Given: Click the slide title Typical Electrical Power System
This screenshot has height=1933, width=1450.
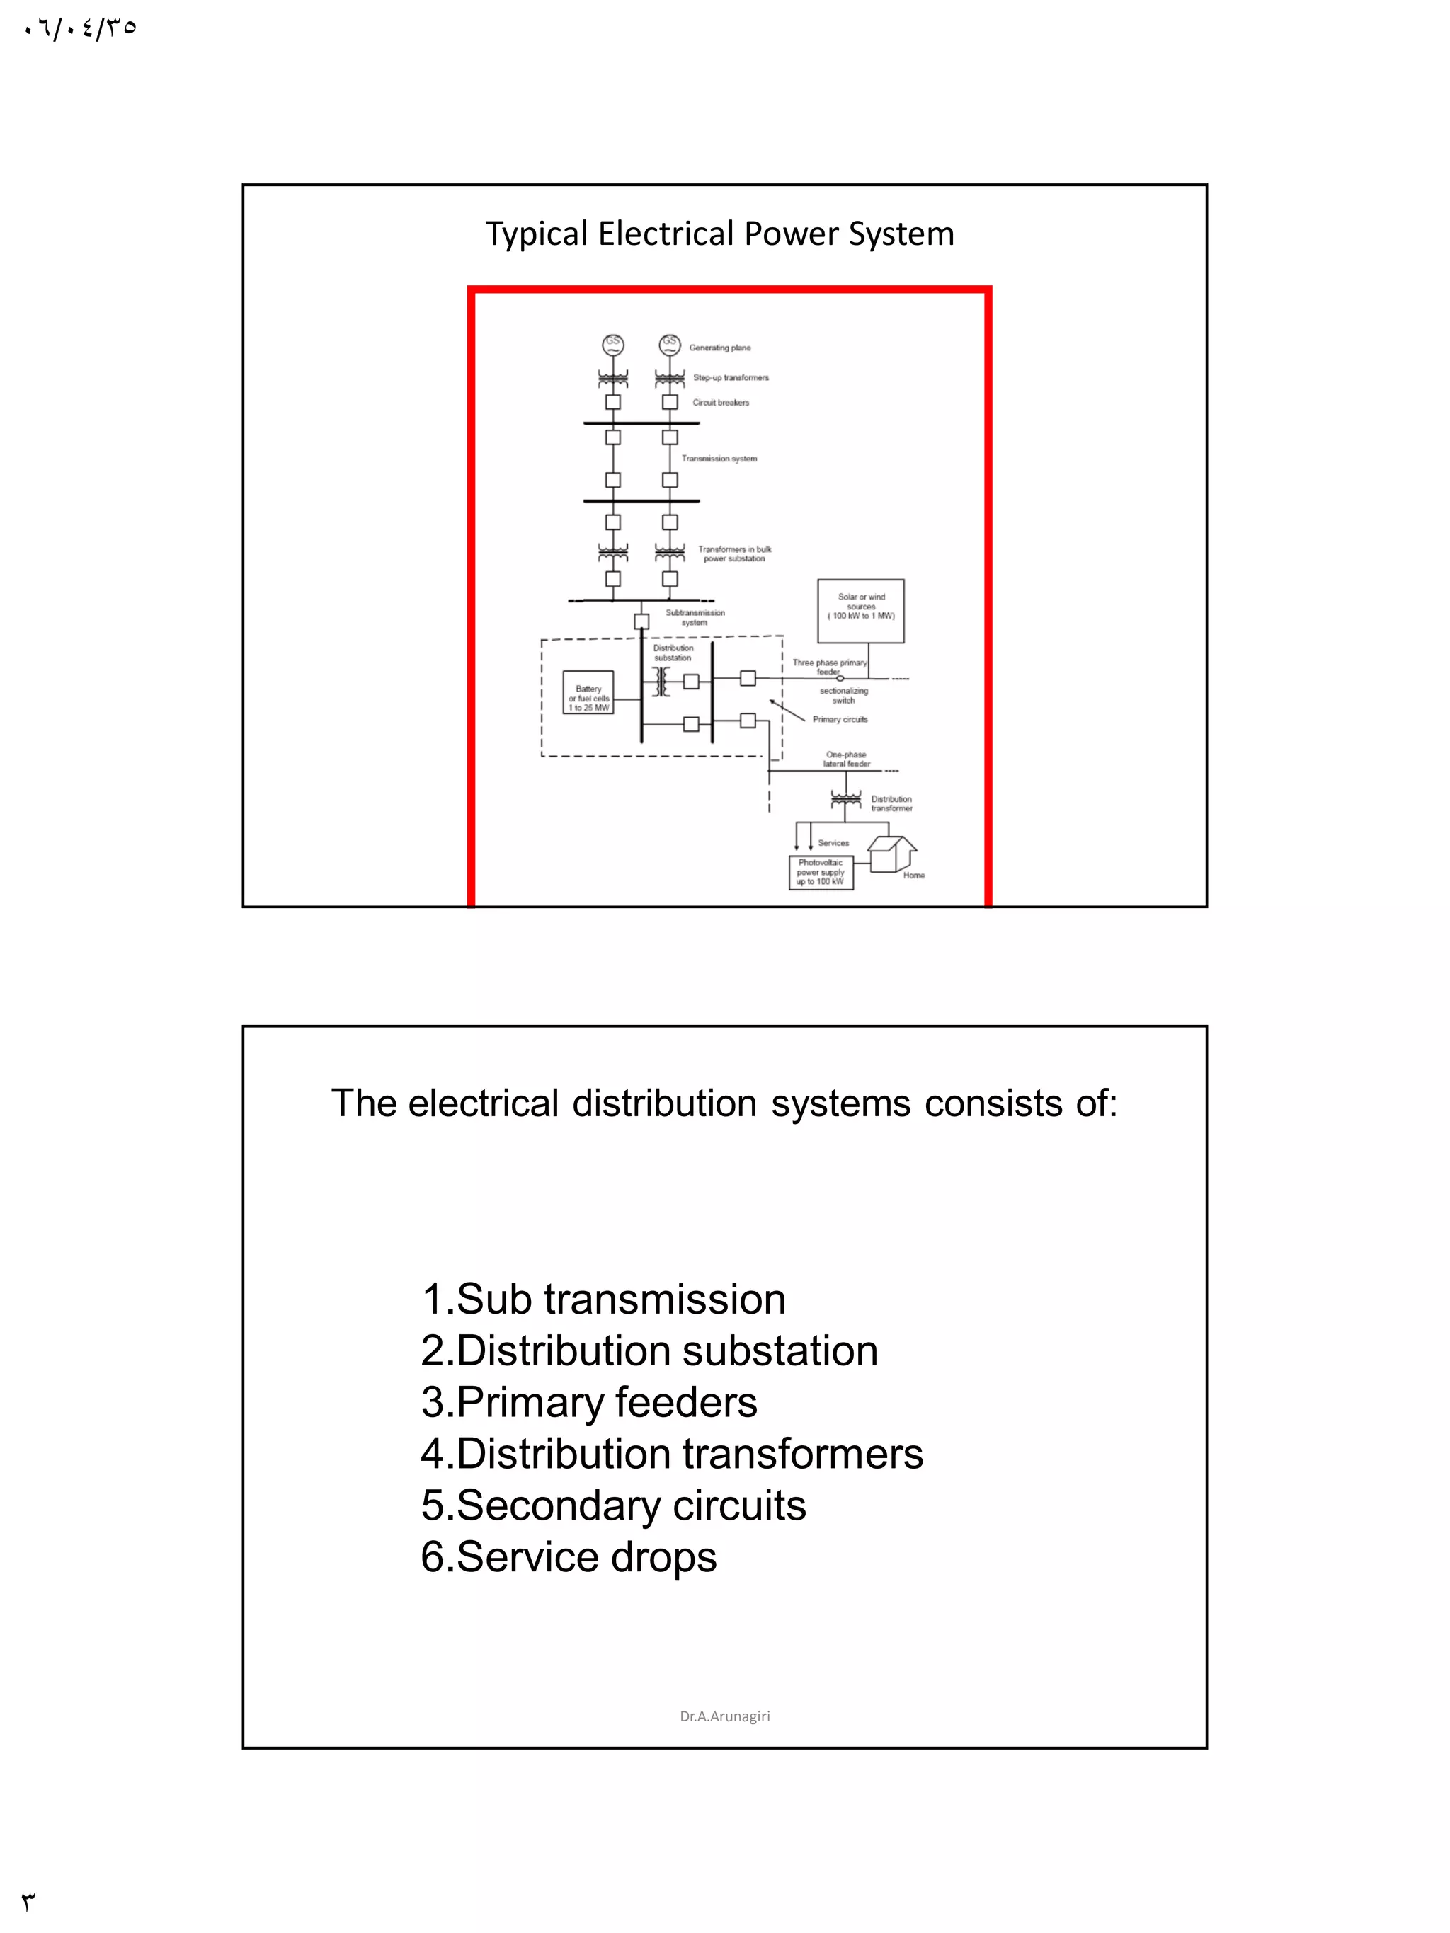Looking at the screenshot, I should click(x=719, y=234).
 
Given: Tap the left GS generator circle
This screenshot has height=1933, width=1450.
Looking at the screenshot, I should click(x=612, y=344).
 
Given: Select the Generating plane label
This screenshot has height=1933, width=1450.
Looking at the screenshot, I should click(x=719, y=348).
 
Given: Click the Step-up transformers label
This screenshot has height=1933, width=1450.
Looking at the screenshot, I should click(x=731, y=377).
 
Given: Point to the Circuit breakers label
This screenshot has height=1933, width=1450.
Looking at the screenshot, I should click(x=720, y=403).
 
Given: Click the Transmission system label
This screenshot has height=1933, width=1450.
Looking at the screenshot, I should click(x=719, y=459).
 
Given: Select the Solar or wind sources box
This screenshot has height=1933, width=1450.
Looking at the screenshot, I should click(x=860, y=610).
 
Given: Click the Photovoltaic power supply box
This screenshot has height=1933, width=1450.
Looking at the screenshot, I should click(x=820, y=872).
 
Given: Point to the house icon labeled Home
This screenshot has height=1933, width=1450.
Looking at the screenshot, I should click(x=891, y=853).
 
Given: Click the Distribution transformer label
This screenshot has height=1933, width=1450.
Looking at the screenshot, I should click(x=891, y=803).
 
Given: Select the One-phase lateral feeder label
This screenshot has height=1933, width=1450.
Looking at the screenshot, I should click(x=846, y=759).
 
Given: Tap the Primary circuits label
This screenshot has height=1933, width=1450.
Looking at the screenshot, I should click(x=839, y=719).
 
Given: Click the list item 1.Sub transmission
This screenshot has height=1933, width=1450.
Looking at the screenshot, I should click(x=603, y=1300).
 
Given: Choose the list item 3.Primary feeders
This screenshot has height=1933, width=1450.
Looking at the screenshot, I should click(x=588, y=1403).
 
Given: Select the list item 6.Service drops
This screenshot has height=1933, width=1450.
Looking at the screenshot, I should click(x=568, y=1556).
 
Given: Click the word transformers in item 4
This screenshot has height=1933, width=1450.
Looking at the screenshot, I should click(x=802, y=1454).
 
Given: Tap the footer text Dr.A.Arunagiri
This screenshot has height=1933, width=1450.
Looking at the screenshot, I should click(x=724, y=1716).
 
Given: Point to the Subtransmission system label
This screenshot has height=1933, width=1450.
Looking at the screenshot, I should click(x=695, y=617).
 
